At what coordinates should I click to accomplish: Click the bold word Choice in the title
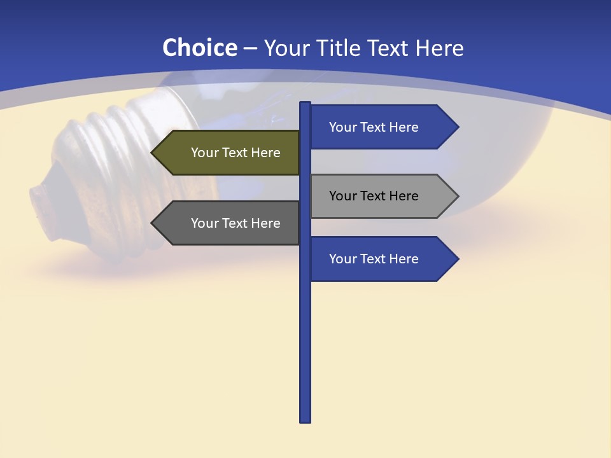pyautogui.click(x=199, y=48)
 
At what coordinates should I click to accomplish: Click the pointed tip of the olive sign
pyautogui.click(x=153, y=153)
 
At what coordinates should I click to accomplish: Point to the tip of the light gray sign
pyautogui.click(x=457, y=196)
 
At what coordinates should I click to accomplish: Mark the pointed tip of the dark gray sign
pyautogui.click(x=153, y=223)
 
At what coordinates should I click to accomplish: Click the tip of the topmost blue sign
pyautogui.click(x=457, y=127)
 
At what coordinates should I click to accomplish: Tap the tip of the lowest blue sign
pyautogui.click(x=457, y=259)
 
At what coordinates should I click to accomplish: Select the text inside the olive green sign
pyautogui.click(x=235, y=153)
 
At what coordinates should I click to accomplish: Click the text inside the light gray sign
pyautogui.click(x=374, y=196)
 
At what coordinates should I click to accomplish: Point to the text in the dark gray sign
pyautogui.click(x=235, y=223)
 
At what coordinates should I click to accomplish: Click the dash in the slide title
pyautogui.click(x=250, y=48)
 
